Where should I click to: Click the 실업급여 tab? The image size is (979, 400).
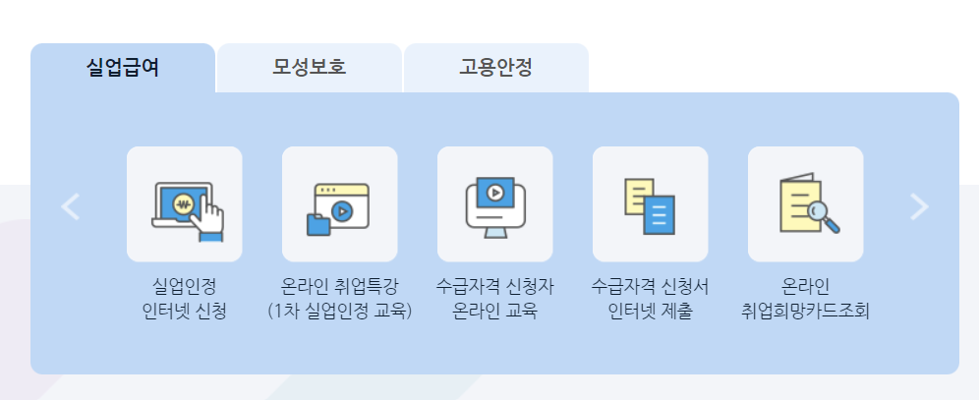tap(123, 68)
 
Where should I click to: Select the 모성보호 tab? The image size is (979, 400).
tap(310, 68)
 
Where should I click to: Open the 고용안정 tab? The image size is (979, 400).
tap(495, 68)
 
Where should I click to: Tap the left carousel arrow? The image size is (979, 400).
tap(70, 205)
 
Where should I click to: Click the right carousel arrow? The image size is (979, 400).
tap(919, 205)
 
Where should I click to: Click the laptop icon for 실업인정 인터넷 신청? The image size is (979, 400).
tap(185, 204)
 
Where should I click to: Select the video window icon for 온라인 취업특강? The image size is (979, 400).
tap(339, 204)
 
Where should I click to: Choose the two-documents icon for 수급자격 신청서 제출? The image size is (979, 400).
tap(650, 204)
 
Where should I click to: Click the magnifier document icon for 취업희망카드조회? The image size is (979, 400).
tap(805, 204)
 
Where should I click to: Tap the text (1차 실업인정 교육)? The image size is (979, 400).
tap(339, 314)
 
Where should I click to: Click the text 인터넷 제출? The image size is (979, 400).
tap(650, 314)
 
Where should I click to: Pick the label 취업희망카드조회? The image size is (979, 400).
tap(805, 314)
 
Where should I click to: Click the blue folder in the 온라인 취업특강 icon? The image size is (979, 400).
tap(319, 224)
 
